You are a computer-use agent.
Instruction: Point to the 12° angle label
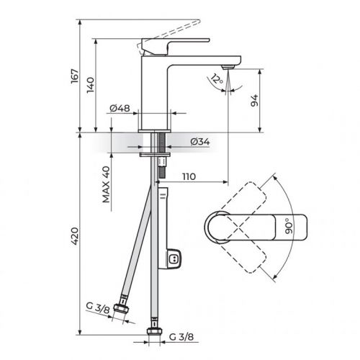[215, 79]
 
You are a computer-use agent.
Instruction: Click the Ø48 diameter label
[119, 109]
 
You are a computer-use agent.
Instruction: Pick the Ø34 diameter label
[199, 142]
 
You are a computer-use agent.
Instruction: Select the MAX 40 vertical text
[106, 186]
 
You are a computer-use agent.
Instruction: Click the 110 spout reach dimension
[190, 176]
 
